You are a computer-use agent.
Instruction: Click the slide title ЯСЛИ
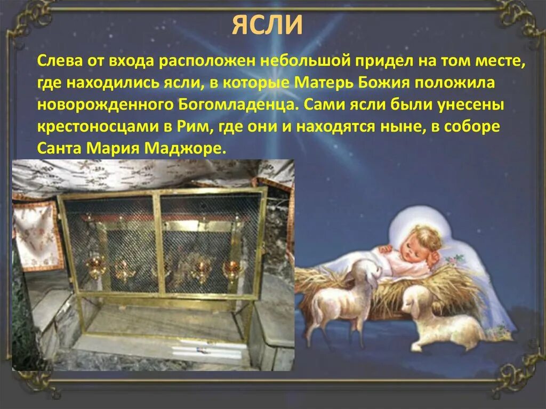tap(267, 26)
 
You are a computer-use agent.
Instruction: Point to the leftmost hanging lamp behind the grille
tap(96, 267)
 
